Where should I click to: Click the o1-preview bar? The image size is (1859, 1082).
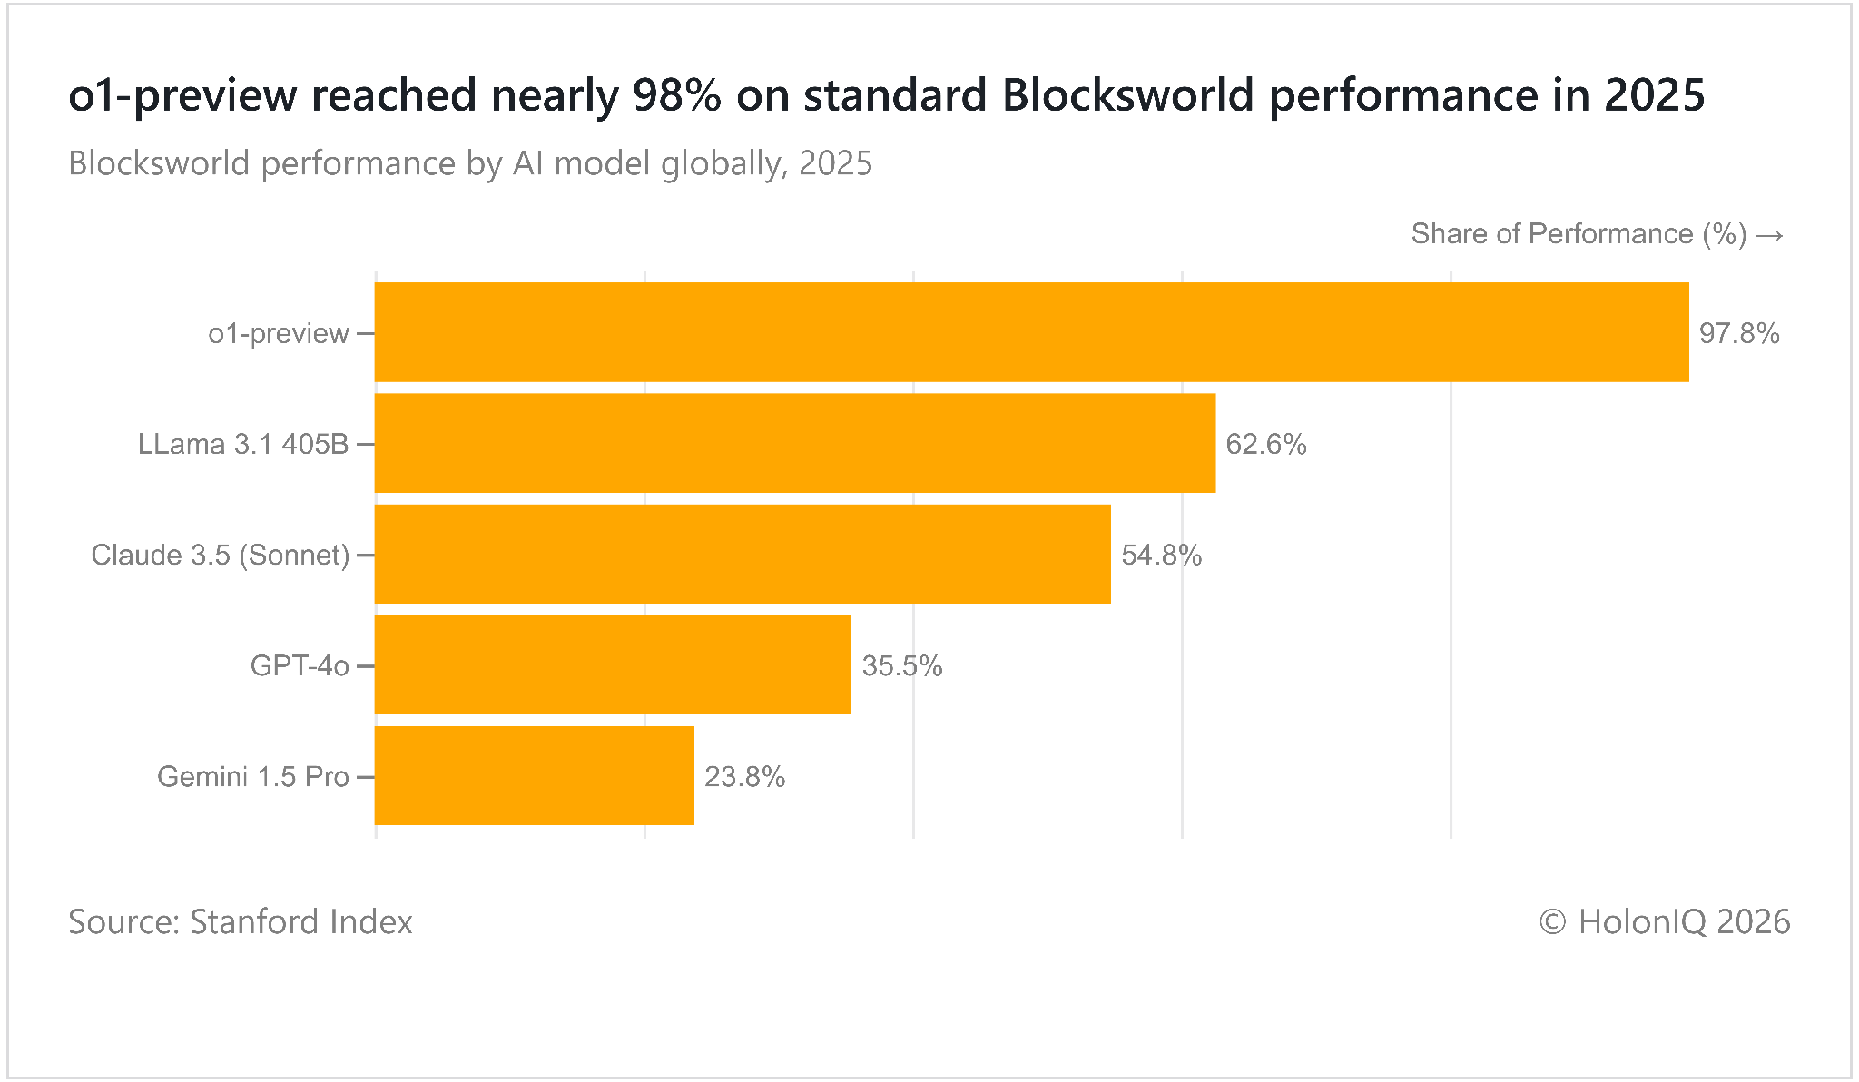click(x=1032, y=332)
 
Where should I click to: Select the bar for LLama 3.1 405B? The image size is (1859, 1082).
click(x=795, y=443)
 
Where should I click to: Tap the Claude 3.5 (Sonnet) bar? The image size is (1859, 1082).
click(x=743, y=554)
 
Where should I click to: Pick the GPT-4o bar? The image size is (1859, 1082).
click(x=613, y=665)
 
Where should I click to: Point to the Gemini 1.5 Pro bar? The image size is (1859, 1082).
click(x=535, y=776)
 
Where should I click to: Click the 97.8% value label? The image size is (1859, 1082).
click(x=1739, y=333)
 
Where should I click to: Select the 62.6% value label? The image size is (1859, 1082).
click(x=1266, y=444)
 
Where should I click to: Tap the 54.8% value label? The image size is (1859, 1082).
click(x=1162, y=555)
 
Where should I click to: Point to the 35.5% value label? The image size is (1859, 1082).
click(x=902, y=666)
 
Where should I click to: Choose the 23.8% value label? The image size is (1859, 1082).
click(x=745, y=777)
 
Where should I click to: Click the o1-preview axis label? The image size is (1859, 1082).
click(x=279, y=334)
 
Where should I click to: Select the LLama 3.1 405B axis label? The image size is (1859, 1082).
click(x=243, y=444)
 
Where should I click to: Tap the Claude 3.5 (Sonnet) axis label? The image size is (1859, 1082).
click(x=221, y=555)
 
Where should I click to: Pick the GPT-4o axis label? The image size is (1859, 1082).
click(x=300, y=666)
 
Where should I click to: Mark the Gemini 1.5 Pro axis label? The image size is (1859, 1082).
click(x=253, y=777)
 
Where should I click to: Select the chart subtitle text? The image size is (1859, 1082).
click(x=470, y=163)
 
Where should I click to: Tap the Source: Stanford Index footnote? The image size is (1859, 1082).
click(x=241, y=921)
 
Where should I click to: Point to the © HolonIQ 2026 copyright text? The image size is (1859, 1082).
click(x=1665, y=921)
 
